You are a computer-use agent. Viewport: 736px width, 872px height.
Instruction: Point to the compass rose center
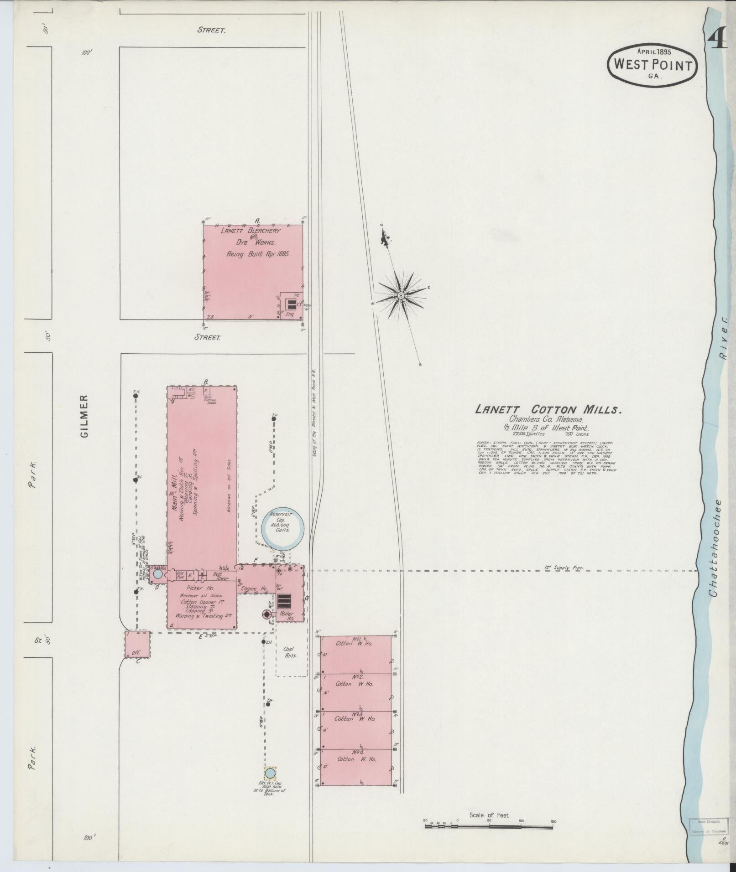coord(401,295)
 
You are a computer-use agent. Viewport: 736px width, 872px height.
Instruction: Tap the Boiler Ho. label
coord(287,616)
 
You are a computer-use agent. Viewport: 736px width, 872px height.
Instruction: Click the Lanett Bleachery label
coord(251,231)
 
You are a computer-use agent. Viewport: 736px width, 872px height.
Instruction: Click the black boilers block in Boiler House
coord(284,601)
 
